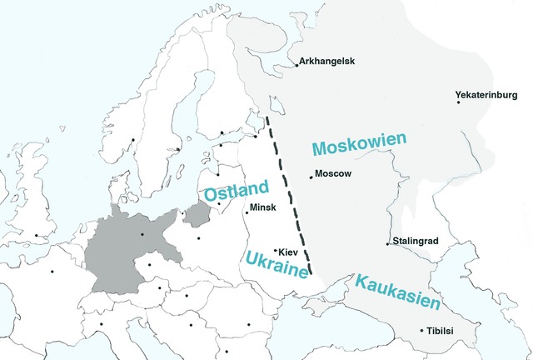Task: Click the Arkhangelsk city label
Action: pyautogui.click(x=328, y=62)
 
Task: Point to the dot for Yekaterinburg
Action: pyautogui.click(x=458, y=102)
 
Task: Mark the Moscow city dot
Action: pyautogui.click(x=311, y=176)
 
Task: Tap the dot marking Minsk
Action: pyautogui.click(x=247, y=212)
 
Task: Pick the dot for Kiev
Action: pyautogui.click(x=276, y=250)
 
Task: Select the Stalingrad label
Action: pyautogui.click(x=415, y=242)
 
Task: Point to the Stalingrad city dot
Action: pyautogui.click(x=387, y=243)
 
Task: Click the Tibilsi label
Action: pyautogui.click(x=443, y=331)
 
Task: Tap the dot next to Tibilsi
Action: pyautogui.click(x=422, y=330)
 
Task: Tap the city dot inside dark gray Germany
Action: pyautogui.click(x=142, y=234)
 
